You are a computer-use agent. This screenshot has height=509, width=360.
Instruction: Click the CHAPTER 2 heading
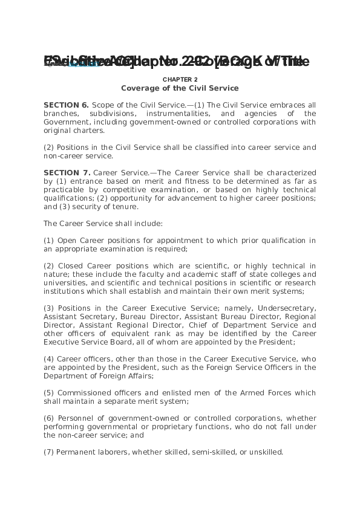180,79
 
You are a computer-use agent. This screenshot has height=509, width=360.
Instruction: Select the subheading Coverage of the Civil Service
180,88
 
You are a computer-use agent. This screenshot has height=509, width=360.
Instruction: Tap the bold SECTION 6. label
66,105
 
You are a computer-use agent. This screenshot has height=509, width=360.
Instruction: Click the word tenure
126,207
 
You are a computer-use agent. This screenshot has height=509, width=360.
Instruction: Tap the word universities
65,283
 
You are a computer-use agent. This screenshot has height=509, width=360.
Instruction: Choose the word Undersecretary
287,308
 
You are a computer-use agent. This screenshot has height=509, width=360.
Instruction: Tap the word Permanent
75,452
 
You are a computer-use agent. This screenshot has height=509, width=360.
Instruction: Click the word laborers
111,452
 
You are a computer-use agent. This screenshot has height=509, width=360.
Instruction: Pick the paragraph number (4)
49,359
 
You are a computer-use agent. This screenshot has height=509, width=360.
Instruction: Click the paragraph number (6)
49,418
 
